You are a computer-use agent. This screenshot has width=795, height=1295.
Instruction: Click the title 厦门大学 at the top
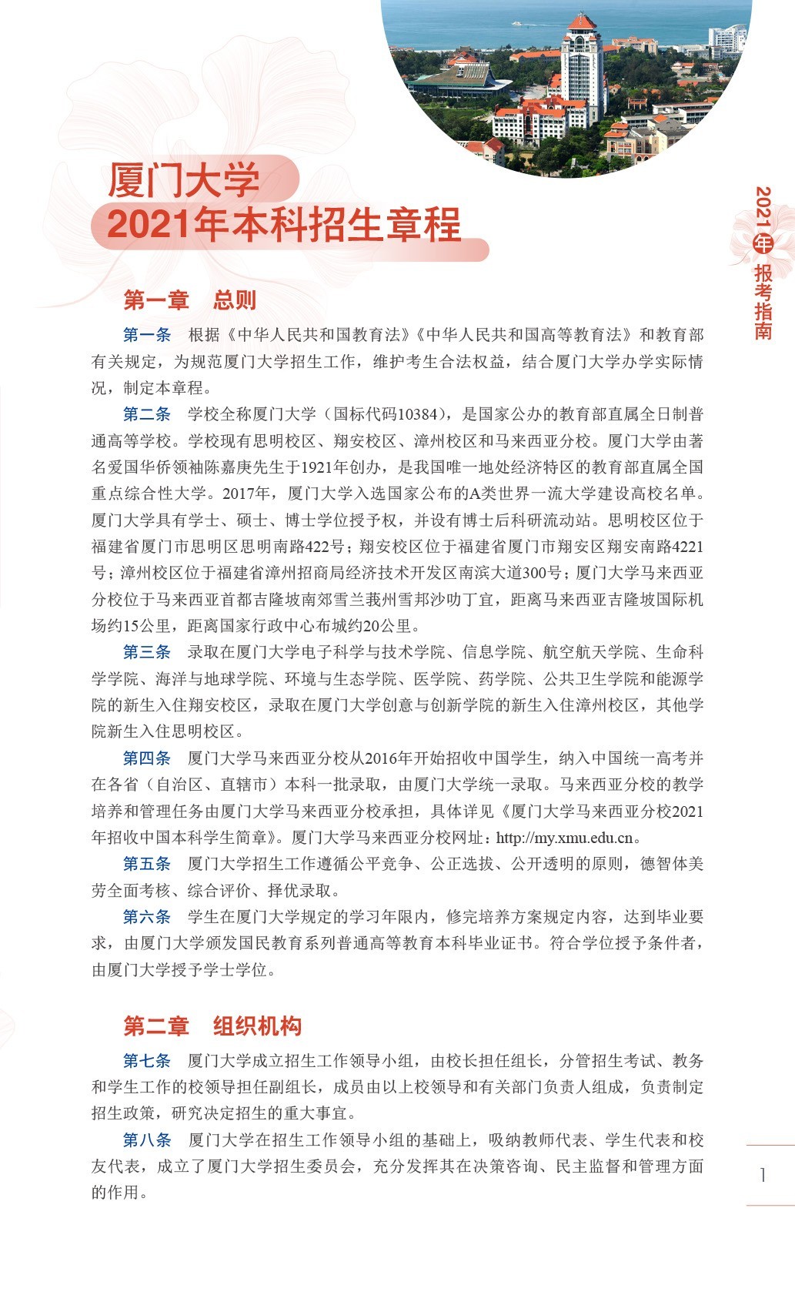click(184, 180)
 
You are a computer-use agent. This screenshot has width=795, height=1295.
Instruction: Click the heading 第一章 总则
click(189, 299)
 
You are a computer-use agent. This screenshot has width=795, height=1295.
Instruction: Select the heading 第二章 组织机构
click(212, 1026)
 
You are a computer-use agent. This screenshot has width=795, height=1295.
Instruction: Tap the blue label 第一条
click(147, 335)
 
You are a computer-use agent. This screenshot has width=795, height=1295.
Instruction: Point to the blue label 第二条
click(147, 414)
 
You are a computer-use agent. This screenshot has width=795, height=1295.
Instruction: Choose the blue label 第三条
click(147, 652)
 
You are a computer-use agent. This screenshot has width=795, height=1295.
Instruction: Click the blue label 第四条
click(147, 758)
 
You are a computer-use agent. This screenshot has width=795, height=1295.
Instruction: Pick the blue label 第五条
click(147, 864)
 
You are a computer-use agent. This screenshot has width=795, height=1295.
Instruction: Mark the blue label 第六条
click(147, 917)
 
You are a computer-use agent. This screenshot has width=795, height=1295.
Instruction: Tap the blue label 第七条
click(147, 1061)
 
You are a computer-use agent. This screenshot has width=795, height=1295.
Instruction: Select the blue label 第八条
click(147, 1140)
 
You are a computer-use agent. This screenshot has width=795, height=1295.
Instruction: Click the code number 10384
click(418, 415)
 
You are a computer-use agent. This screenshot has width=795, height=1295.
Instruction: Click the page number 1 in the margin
click(763, 1175)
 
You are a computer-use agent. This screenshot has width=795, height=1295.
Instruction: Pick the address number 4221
click(688, 547)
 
